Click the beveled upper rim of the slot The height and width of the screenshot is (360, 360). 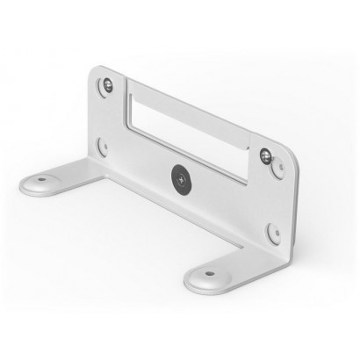(189, 106)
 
